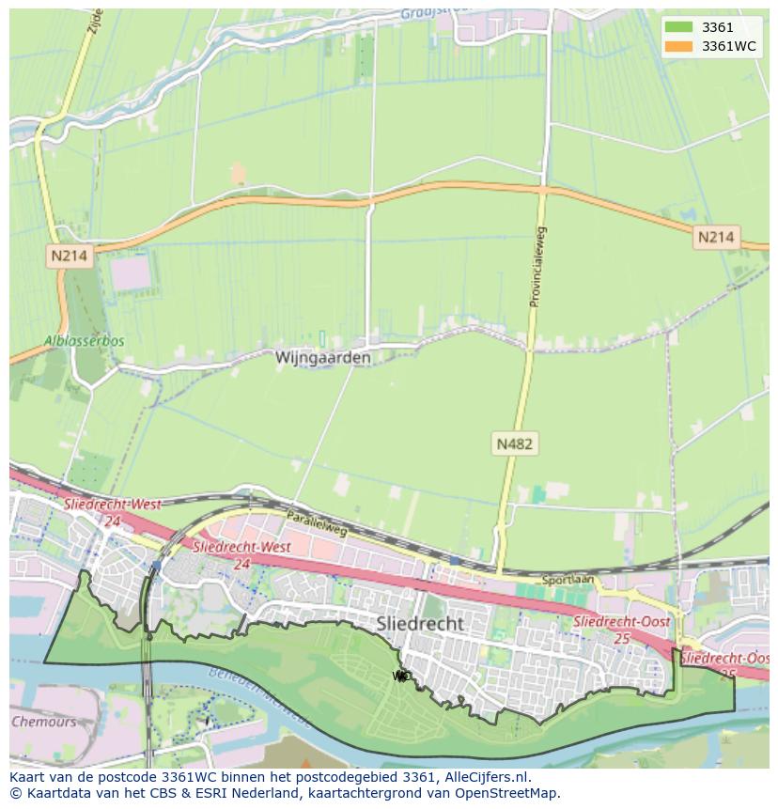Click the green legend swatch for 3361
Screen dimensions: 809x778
[677, 27]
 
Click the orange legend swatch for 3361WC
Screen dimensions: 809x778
[677, 46]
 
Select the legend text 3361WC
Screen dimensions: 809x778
[728, 46]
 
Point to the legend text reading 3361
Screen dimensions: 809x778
[717, 27]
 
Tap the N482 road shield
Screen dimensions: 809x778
[515, 443]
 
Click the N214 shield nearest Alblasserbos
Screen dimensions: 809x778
[69, 255]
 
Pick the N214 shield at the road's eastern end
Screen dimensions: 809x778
[715, 237]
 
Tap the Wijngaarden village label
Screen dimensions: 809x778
[322, 358]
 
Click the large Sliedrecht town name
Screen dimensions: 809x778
[420, 623]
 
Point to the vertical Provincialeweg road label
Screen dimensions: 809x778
[537, 266]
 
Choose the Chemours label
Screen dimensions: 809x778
[43, 722]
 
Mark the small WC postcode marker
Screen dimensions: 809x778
[401, 676]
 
